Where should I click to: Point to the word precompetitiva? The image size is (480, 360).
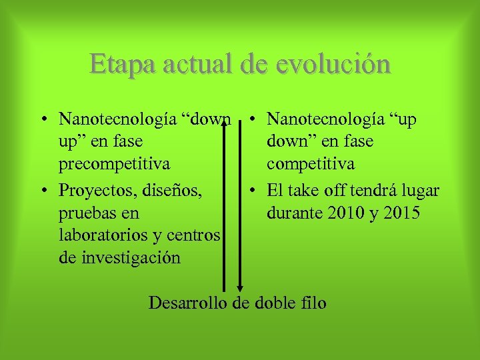(x=114, y=164)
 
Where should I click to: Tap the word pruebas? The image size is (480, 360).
(x=86, y=213)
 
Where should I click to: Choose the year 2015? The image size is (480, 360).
(x=405, y=213)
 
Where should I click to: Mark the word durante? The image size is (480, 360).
(x=293, y=213)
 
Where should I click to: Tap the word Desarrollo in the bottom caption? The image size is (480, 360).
(x=188, y=303)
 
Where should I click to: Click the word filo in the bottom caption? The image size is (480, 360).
(x=312, y=303)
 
